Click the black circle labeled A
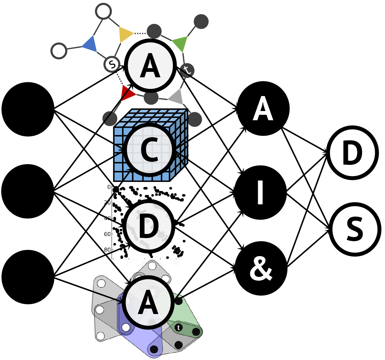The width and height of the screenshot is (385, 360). pyautogui.click(x=263, y=108)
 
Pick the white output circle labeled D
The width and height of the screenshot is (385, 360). pyautogui.click(x=353, y=153)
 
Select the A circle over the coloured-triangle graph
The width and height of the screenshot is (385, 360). pyautogui.click(x=150, y=65)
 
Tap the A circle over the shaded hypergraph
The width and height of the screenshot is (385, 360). pyautogui.click(x=148, y=302)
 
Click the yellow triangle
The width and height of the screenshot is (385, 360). pyautogui.click(x=125, y=34)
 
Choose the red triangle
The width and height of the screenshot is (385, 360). pyautogui.click(x=128, y=93)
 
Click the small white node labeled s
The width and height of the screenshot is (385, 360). pyautogui.click(x=112, y=63)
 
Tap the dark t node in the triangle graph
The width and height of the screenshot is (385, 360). pyautogui.click(x=187, y=70)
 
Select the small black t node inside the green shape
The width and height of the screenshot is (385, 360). pyautogui.click(x=179, y=327)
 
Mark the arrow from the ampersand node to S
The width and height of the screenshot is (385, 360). pyautogui.click(x=309, y=248)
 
